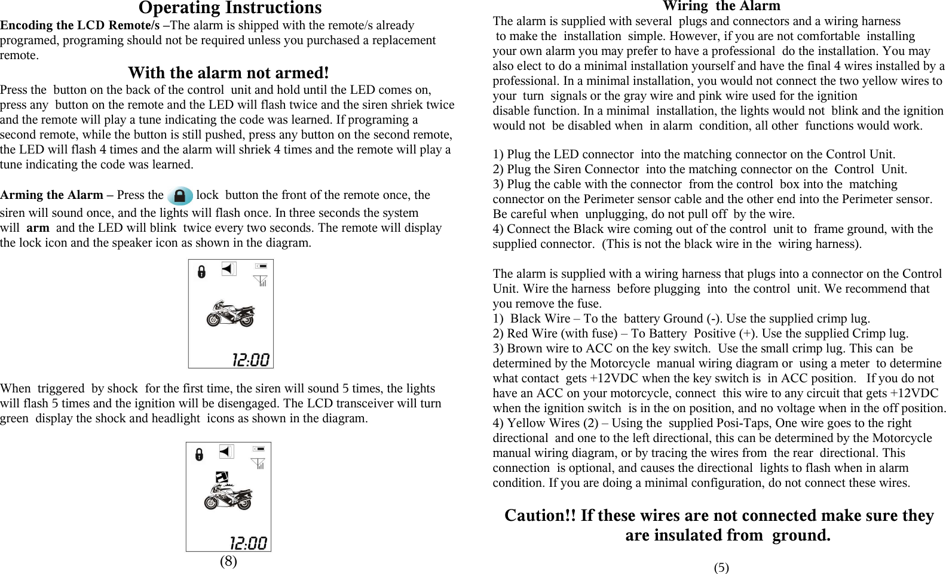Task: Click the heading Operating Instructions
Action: click(x=230, y=8)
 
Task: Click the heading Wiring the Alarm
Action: click(x=721, y=7)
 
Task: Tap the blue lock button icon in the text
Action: click(x=179, y=195)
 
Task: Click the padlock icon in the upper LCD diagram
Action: click(x=201, y=272)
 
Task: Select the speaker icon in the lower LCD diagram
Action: click(x=226, y=452)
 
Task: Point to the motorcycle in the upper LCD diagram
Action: click(x=230, y=313)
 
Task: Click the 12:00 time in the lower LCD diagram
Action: click(x=249, y=543)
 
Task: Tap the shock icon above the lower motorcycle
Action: click(x=222, y=477)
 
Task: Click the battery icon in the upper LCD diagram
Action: click(x=261, y=266)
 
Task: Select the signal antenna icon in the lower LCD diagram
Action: click(x=259, y=464)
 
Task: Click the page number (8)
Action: click(x=228, y=561)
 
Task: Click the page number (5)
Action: click(x=721, y=567)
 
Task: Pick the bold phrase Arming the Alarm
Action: click(x=51, y=195)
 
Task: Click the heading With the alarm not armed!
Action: click(x=228, y=73)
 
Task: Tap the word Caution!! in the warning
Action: click(x=540, y=515)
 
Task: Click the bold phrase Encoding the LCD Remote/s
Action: click(x=79, y=26)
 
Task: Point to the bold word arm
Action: click(x=38, y=228)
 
